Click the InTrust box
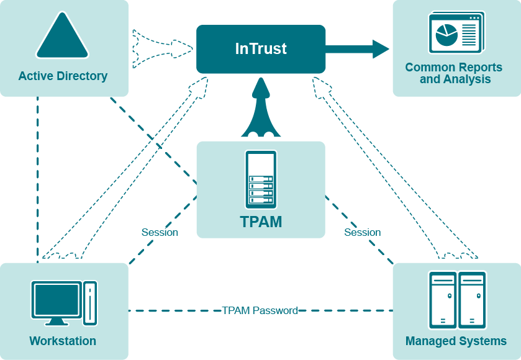(261, 48)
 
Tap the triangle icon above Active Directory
(63, 37)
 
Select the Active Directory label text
(63, 76)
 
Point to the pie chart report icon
(446, 35)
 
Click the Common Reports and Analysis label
(456, 73)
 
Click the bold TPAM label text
(261, 222)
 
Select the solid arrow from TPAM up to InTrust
(261, 109)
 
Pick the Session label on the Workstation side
(160, 233)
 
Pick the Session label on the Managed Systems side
(362, 233)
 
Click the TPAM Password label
(260, 310)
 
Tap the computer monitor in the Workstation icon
(57, 302)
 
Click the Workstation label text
(63, 341)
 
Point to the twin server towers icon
(457, 300)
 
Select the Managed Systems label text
(456, 341)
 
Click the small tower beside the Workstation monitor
(90, 303)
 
